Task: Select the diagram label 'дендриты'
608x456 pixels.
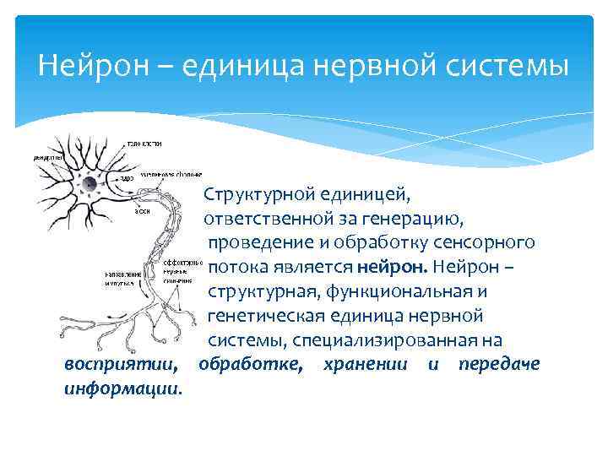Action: tap(46, 157)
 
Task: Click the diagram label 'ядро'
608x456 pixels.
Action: tap(127, 178)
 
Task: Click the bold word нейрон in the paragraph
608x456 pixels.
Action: tap(394, 268)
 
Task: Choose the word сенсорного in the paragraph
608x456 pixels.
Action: tap(486, 243)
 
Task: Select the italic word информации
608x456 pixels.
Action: tap(122, 389)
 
